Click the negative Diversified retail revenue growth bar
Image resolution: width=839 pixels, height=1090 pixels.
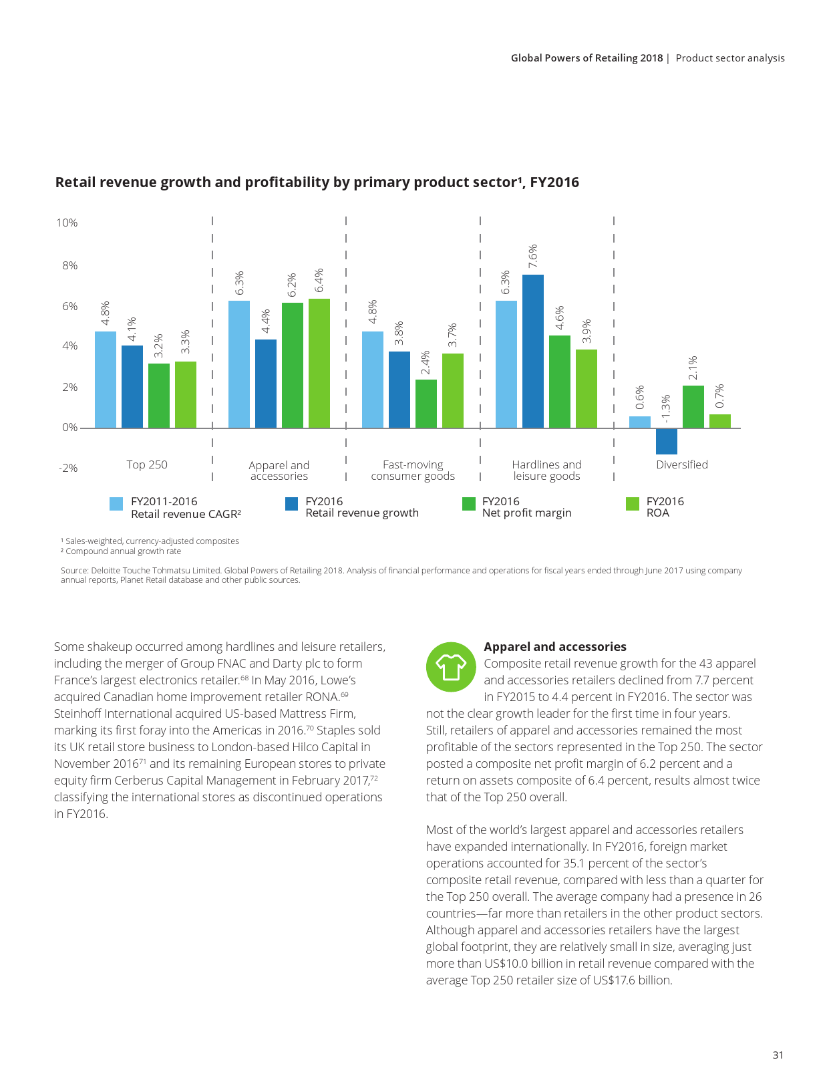666,441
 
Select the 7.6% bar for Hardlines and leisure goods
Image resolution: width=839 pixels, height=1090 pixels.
532,351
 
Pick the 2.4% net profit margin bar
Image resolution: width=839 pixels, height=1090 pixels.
426,404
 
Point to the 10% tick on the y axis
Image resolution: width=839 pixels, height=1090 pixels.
67,223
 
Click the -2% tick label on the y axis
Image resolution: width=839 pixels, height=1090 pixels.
68,468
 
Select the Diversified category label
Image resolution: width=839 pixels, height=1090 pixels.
681,464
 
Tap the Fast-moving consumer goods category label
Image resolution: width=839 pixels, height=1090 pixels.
413,470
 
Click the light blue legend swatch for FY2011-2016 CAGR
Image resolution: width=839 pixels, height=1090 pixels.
116,504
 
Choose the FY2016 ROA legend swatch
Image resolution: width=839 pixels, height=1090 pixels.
632,504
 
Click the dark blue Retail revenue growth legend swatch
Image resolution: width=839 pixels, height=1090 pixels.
291,504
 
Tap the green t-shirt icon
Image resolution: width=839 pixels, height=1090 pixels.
451,667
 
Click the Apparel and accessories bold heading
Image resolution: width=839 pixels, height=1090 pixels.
554,646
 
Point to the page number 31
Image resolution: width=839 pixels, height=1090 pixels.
778,1055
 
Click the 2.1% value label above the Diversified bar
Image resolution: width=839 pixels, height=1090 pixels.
693,369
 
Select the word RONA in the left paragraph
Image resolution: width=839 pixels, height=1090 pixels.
322,697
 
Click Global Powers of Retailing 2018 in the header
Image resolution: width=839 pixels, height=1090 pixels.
586,58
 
